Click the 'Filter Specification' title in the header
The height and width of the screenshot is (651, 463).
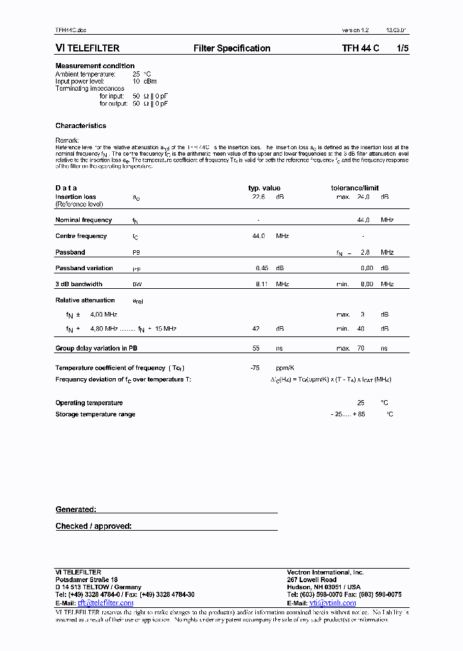coord(232,48)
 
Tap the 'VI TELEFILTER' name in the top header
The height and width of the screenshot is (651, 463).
coord(87,48)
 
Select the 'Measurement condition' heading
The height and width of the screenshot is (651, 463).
coord(95,66)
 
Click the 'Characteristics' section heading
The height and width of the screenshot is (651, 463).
coord(80,125)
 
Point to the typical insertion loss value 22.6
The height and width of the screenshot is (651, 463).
coord(259,197)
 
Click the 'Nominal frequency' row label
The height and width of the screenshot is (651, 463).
coord(84,220)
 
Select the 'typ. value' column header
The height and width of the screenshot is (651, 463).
coord(264,188)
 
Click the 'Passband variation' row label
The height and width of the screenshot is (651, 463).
coord(84,268)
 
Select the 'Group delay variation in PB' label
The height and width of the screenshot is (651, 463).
coord(96,348)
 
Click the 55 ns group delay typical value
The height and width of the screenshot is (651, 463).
coord(255,348)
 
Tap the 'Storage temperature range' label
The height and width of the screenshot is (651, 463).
coord(95,414)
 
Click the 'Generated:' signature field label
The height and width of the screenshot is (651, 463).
coord(75,509)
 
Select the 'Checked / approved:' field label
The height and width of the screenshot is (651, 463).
coord(93,526)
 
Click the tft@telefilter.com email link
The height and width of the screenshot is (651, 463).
coord(105,603)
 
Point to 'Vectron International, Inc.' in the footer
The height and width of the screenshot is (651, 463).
coord(325,572)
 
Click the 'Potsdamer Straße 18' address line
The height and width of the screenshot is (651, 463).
coord(86,580)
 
